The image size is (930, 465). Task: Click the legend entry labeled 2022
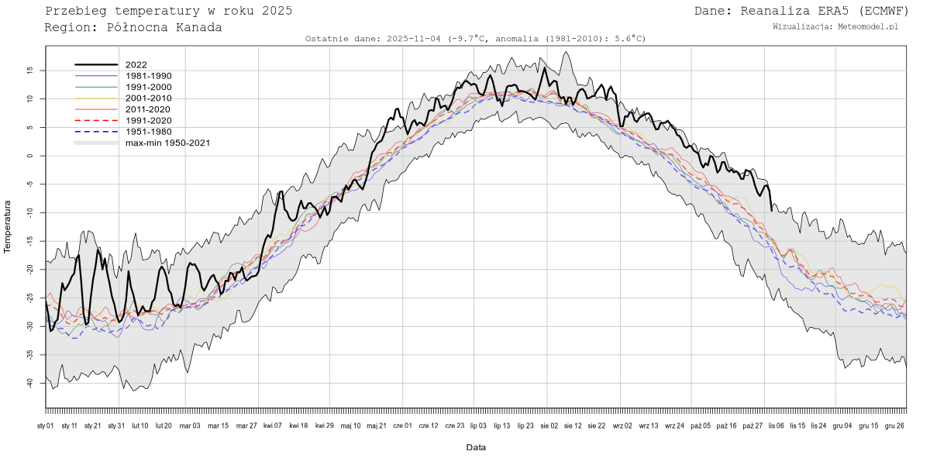click(x=136, y=65)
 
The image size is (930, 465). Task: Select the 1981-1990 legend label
click(x=148, y=76)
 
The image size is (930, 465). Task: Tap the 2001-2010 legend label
click(x=148, y=98)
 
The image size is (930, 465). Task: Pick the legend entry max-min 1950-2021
click(x=167, y=143)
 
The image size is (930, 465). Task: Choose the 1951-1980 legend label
click(x=148, y=132)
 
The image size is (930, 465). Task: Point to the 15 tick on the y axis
click(x=30, y=70)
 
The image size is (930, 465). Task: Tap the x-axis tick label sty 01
click(x=46, y=425)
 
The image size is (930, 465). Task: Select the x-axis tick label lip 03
click(x=478, y=425)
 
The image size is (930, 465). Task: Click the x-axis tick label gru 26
click(x=894, y=425)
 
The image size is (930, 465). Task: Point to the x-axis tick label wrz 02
click(x=623, y=425)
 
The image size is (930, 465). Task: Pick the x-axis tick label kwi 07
click(x=272, y=425)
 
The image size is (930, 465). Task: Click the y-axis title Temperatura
click(x=9, y=226)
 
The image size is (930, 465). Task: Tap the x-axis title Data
click(x=476, y=447)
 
